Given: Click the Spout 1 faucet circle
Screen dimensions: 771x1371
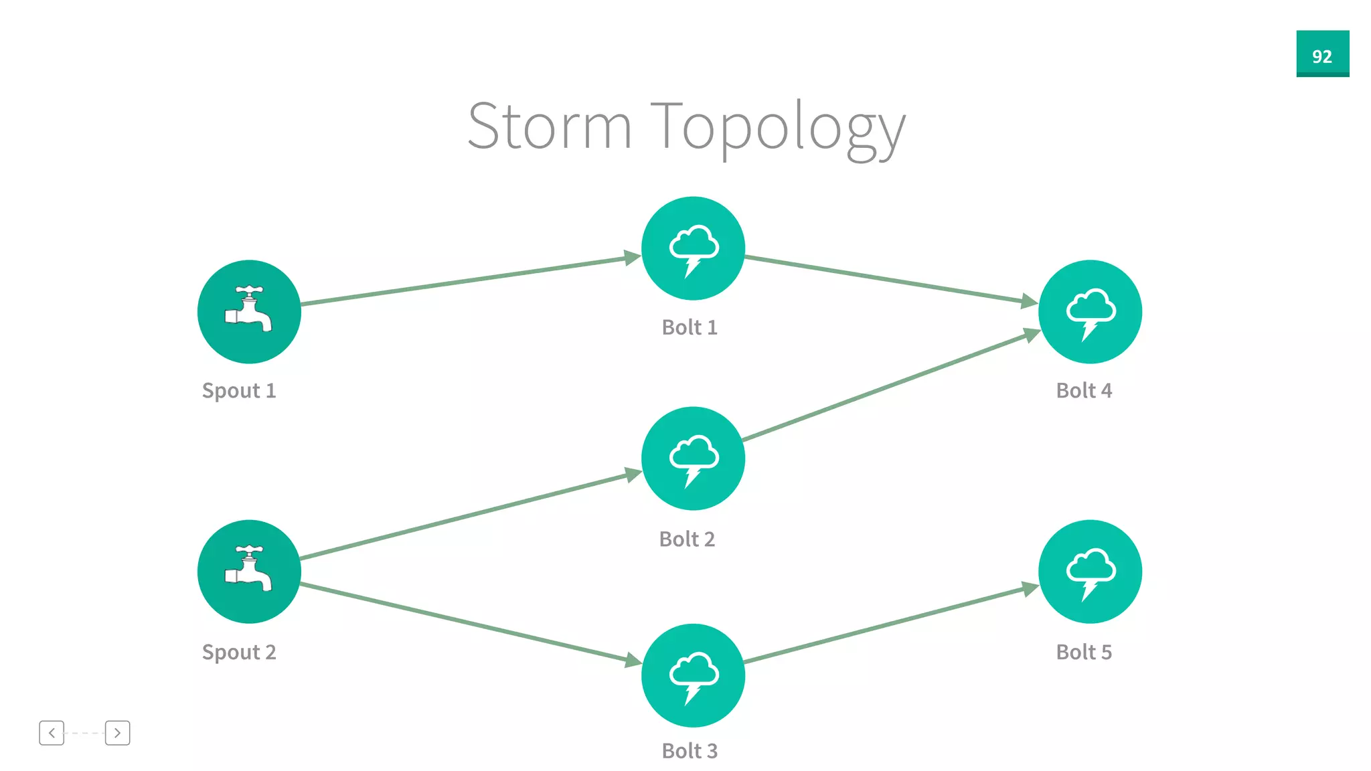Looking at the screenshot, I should pos(249,312).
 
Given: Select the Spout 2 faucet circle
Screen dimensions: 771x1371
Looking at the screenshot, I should pos(249,572).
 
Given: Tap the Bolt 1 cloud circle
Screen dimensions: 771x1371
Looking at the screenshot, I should pos(693,248).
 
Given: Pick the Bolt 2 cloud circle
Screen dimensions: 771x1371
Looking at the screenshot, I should pos(693,458).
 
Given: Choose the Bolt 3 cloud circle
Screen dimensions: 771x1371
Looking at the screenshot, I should pos(693,675).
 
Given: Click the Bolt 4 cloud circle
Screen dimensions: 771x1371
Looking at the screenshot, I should pos(1090,312).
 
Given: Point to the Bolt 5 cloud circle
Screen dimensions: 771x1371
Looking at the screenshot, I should pos(1090,572).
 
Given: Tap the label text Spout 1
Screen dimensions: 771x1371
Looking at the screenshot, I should pos(239,390).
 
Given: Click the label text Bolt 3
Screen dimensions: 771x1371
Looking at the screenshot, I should pos(690,751).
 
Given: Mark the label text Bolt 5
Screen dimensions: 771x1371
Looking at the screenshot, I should pos(1084,652).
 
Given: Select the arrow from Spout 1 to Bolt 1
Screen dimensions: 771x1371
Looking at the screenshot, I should pos(469,280).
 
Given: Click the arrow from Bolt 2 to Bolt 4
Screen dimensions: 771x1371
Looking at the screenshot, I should pos(890,386).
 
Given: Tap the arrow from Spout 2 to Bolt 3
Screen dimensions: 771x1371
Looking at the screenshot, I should pos(469,622).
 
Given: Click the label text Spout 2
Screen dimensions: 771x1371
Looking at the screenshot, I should pos(239,652).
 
